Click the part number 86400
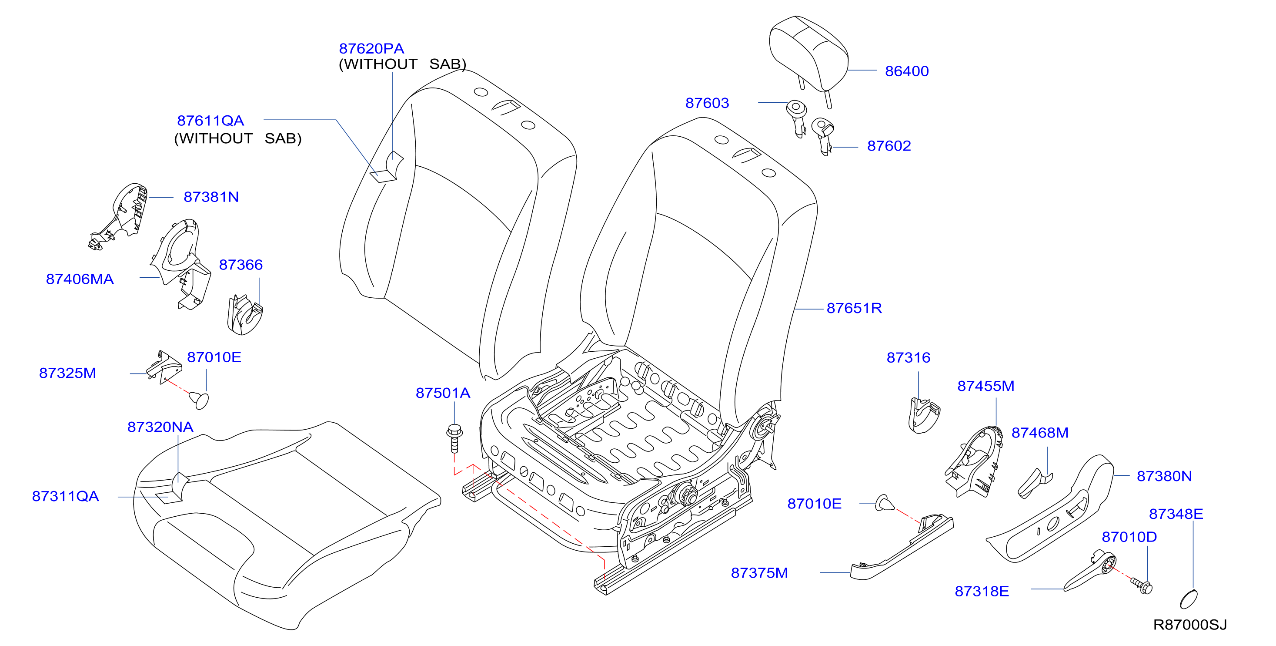coord(906,71)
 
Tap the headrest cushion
coord(808,54)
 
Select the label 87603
coord(707,103)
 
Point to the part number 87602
coord(889,146)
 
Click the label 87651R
coord(854,308)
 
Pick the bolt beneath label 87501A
coord(454,438)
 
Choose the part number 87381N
coord(211,197)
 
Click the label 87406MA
coord(80,279)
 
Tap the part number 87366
coord(241,265)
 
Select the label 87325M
coord(67,373)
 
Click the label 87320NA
coord(160,427)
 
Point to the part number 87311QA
coord(65,497)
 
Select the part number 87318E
coord(982,592)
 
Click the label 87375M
coord(759,573)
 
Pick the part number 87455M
coord(986,386)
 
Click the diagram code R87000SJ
coord(1190,625)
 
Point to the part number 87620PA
coord(371,49)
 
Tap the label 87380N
coord(1164,476)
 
